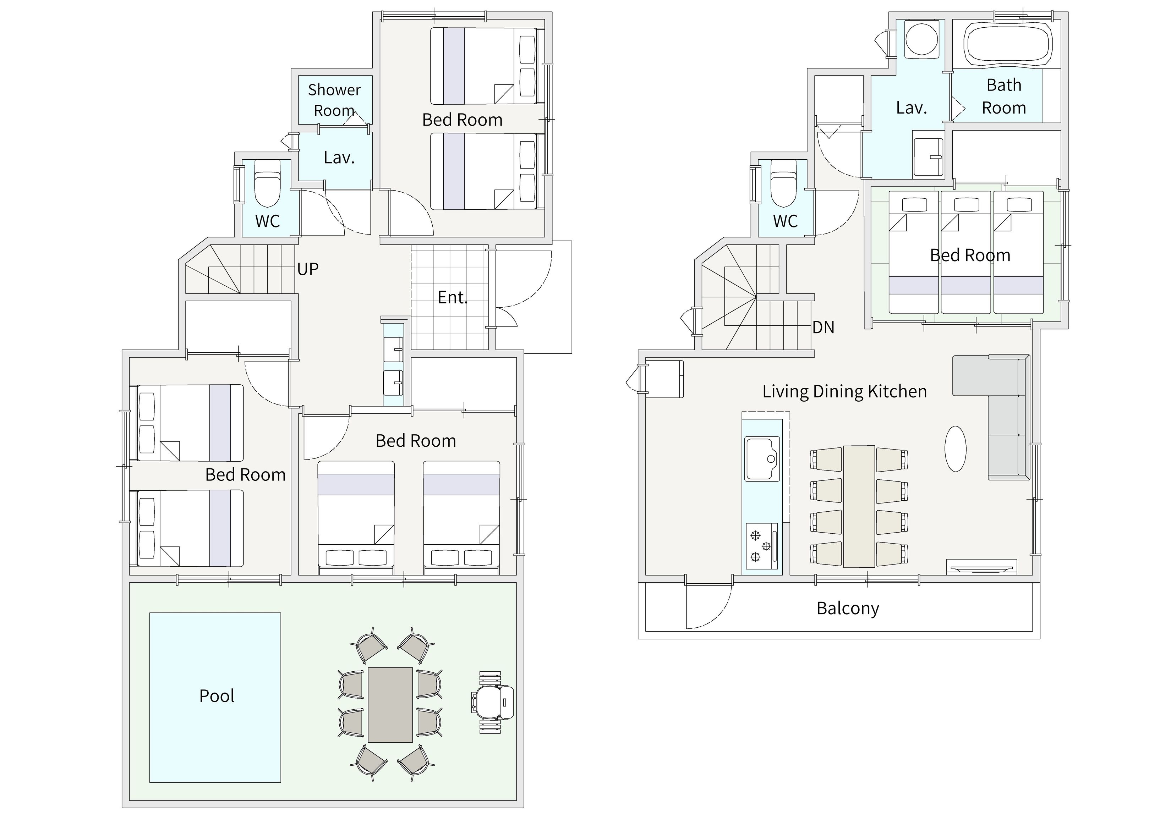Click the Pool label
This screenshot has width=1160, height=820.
point(217,696)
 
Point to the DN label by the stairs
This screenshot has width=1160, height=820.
point(823,328)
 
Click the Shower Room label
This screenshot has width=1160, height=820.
point(334,100)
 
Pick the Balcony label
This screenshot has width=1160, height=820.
point(848,609)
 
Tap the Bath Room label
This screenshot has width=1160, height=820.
point(1004,97)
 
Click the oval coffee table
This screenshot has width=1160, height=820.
point(956,449)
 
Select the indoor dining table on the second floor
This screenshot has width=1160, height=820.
point(859,506)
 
